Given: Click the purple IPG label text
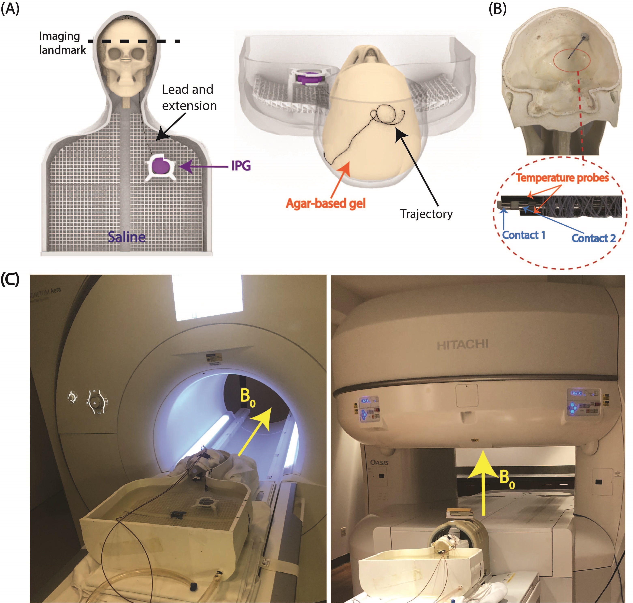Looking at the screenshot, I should [241, 166].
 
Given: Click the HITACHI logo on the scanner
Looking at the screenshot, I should [462, 345].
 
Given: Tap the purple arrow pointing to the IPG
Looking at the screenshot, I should [203, 166].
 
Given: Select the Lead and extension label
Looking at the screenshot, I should [189, 97].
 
